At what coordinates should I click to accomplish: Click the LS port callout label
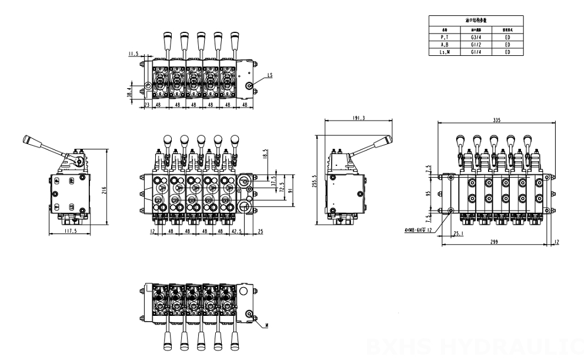click(x=270, y=75)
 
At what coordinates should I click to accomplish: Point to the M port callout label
click(x=267, y=325)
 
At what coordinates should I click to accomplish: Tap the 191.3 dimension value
click(x=359, y=118)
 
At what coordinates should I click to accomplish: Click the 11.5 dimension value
click(x=133, y=54)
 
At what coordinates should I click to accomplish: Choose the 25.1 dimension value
click(x=459, y=234)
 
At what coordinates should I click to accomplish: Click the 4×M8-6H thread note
click(x=418, y=229)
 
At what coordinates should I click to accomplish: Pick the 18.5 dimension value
click(x=266, y=156)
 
